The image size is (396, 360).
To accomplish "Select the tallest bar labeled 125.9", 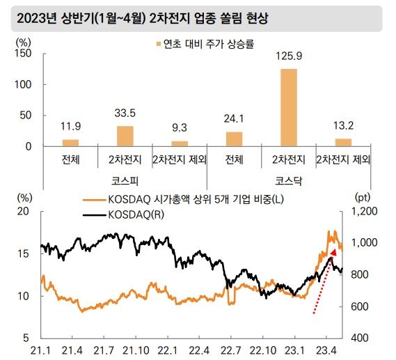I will (289, 107).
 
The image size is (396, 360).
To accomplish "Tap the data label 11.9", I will (70, 126).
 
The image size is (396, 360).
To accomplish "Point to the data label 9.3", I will (180, 127).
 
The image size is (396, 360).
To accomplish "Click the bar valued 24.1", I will (235, 139).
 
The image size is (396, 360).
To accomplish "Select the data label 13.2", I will (343, 125).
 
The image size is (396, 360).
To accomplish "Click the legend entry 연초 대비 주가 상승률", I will (204, 43).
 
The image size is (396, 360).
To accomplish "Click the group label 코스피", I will (125, 180).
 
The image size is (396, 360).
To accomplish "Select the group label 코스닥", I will (289, 180).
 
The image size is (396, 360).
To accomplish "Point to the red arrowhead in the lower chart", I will (333, 252).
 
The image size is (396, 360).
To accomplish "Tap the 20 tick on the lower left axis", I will (24, 211).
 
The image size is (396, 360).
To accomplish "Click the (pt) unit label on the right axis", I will (365, 198).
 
